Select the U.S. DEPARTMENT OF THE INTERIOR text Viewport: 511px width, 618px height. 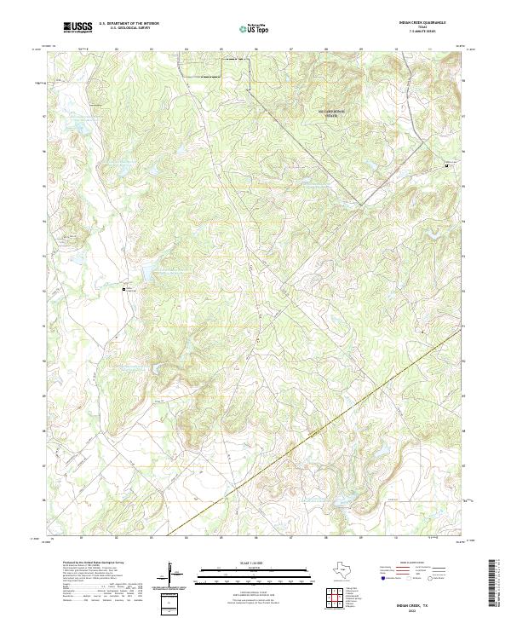click(x=129, y=24)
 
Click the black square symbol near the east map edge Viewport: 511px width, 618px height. click(x=446, y=165)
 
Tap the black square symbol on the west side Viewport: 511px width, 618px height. click(x=124, y=289)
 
